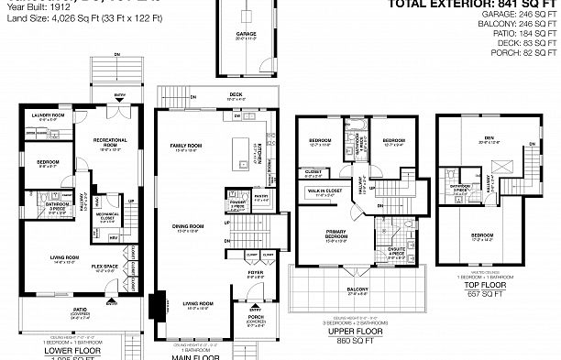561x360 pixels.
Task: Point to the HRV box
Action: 114,239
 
